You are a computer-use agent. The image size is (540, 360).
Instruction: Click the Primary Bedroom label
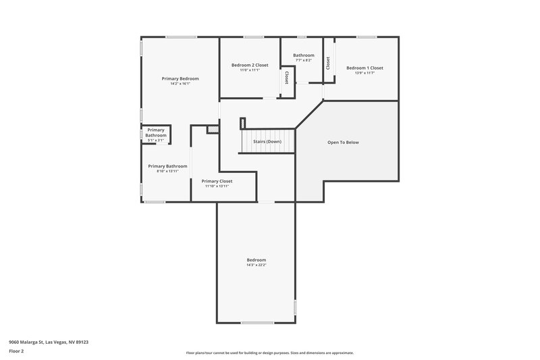[180, 78]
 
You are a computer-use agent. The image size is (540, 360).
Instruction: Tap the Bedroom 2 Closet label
[250, 65]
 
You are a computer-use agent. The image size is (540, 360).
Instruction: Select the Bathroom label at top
[303, 55]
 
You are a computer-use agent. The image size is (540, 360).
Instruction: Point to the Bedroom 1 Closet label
[364, 68]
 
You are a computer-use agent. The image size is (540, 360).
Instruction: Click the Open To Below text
[343, 143]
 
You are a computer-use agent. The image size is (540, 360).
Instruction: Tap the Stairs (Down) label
[267, 142]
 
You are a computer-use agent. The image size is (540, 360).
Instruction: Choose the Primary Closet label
[217, 181]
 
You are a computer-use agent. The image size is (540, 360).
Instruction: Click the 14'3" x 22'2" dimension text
[256, 265]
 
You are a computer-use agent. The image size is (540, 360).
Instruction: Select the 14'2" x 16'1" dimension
[180, 84]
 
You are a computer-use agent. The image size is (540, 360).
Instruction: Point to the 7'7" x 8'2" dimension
[303, 60]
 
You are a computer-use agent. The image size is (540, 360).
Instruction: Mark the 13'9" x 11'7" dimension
[364, 73]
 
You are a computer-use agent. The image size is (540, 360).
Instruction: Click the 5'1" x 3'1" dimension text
[156, 140]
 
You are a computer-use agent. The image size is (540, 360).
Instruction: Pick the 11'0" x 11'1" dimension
[250, 70]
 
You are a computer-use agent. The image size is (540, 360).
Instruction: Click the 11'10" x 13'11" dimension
[217, 186]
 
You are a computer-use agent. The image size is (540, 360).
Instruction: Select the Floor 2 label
[16, 351]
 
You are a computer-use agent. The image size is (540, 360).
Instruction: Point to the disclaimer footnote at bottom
[269, 353]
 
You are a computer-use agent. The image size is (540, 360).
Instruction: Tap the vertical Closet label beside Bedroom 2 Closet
[287, 78]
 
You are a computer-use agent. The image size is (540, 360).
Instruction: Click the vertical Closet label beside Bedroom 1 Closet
[328, 63]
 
